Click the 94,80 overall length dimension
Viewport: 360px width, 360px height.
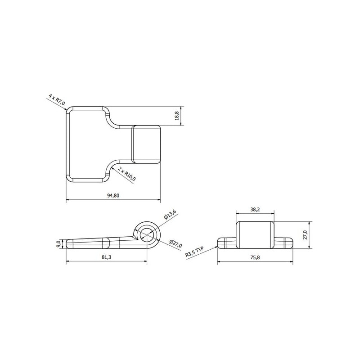pos(113,195)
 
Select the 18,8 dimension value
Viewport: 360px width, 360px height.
pos(176,116)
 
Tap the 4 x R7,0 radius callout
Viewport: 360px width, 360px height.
pos(57,99)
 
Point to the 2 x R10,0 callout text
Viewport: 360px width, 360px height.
pos(127,174)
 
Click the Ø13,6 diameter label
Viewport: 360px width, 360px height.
pos(170,215)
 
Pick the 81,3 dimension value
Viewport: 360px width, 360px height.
pos(106,257)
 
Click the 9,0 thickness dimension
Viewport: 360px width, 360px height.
pos(58,243)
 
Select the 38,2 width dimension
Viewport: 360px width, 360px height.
pos(255,209)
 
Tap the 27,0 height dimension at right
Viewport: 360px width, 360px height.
pos(305,235)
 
